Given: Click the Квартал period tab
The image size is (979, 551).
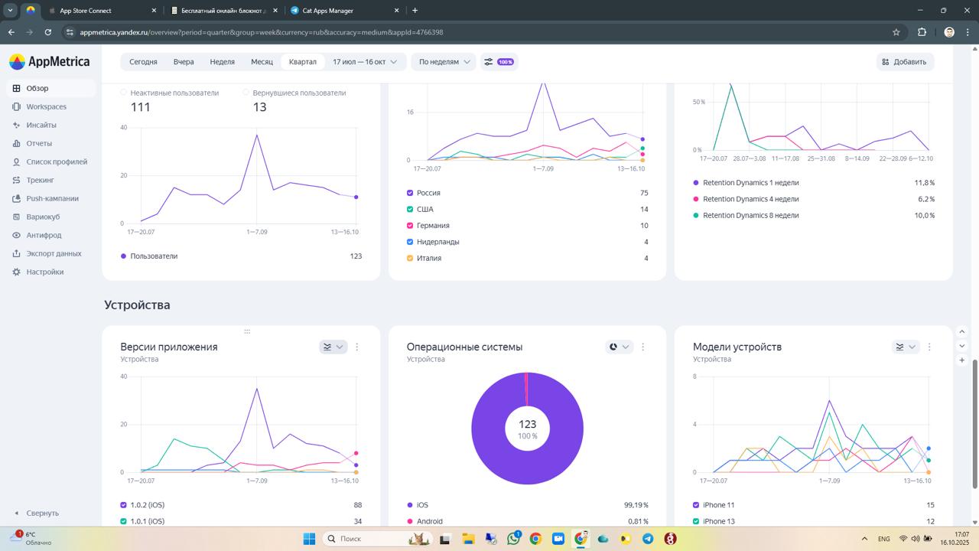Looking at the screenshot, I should [x=302, y=62].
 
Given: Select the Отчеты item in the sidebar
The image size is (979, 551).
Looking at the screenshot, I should [x=39, y=143].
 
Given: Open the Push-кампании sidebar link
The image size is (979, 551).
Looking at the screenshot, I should [x=52, y=198].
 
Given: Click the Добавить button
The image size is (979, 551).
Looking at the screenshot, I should [x=904, y=62].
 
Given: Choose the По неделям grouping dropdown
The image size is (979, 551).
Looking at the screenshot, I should [x=444, y=62].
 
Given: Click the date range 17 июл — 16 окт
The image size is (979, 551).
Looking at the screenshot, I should [x=365, y=62].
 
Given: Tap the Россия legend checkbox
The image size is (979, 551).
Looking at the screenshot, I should [x=410, y=193].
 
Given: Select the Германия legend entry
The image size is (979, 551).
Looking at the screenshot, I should [x=433, y=226].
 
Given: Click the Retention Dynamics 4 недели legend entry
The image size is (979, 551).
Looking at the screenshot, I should [x=750, y=199].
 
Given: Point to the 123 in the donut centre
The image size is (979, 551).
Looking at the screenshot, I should [x=527, y=424].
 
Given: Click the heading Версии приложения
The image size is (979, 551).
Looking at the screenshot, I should [x=169, y=347].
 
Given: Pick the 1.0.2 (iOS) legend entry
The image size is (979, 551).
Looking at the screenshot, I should [x=147, y=505].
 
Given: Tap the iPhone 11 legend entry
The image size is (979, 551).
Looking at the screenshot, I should [x=718, y=505].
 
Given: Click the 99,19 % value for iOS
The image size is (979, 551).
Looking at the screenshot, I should [x=636, y=505].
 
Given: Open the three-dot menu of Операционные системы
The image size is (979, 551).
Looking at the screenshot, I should [x=642, y=347].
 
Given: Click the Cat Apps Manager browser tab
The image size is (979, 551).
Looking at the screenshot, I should [x=328, y=11].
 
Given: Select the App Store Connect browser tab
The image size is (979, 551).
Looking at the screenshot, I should [x=86, y=11].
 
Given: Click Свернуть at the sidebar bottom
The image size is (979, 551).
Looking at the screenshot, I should [x=42, y=513].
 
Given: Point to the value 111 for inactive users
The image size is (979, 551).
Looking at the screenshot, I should [x=140, y=107].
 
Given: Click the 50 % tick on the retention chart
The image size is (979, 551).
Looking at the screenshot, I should [x=698, y=101].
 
